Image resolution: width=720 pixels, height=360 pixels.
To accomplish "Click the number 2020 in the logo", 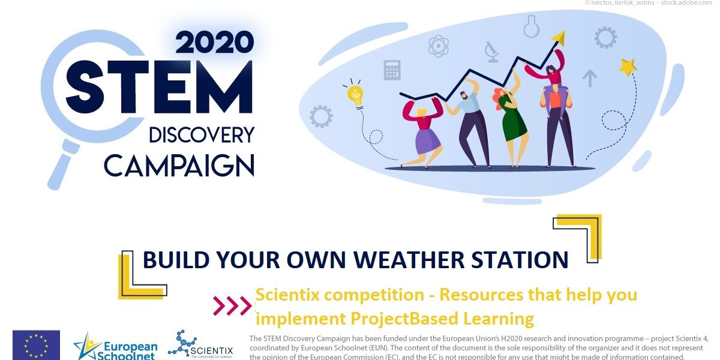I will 214,42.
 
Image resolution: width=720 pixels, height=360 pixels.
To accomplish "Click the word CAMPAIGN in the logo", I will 179,165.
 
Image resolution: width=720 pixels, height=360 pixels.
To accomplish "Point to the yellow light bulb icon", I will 356,95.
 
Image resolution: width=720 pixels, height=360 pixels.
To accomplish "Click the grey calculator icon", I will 392,70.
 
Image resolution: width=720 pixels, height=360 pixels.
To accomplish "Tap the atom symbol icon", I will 439,46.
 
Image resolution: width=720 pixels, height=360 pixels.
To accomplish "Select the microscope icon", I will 492,52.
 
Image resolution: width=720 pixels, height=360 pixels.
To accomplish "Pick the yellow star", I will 628,67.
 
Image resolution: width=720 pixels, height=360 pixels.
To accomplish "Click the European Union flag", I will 36,345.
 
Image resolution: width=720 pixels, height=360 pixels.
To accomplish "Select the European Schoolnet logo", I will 115,346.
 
